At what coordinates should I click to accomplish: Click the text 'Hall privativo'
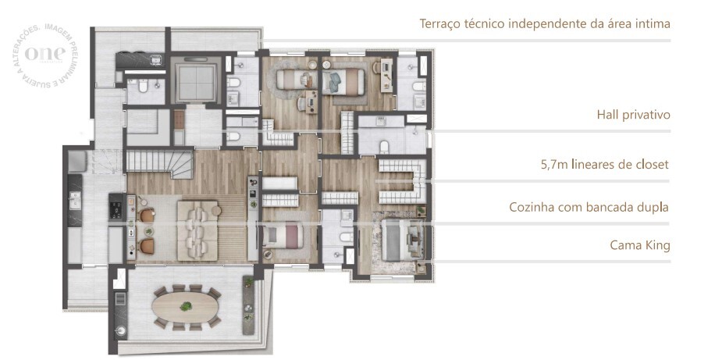[633, 116]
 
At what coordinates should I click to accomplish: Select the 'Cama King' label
[640, 245]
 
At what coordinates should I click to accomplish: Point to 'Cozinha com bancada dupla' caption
[589, 208]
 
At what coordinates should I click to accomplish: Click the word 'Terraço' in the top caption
[441, 24]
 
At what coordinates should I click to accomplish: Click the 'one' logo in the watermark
[40, 53]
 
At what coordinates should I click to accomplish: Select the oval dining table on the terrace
[185, 305]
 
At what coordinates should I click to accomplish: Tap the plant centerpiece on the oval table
[185, 305]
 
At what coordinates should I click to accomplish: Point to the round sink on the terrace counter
[120, 330]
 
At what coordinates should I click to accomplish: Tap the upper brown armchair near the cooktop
[146, 216]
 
